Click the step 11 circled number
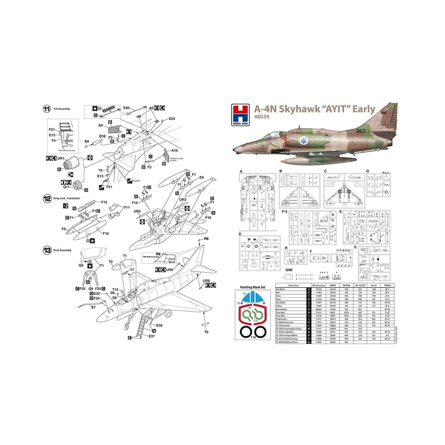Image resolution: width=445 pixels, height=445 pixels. pyautogui.click(x=47, y=109)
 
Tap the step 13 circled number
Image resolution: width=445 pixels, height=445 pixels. pyautogui.click(x=47, y=251)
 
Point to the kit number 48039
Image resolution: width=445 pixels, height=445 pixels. pyautogui.click(x=261, y=117)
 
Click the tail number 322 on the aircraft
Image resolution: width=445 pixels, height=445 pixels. pyautogui.click(x=361, y=131)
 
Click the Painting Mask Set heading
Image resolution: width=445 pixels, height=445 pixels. pyautogui.click(x=253, y=287)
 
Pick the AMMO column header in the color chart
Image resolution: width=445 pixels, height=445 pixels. pyautogui.click(x=333, y=286)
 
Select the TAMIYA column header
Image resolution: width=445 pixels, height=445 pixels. pyautogui.click(x=387, y=286)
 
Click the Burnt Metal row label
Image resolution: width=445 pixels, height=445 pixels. pyautogui.click(x=281, y=309)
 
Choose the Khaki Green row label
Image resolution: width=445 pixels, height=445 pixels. pyautogui.click(x=281, y=319)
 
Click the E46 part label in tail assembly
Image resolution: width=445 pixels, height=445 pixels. pyautogui.click(x=126, y=108)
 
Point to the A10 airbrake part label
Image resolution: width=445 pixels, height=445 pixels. pyautogui.click(x=174, y=151)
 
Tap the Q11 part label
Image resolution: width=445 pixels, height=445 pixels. pyautogui.click(x=66, y=187)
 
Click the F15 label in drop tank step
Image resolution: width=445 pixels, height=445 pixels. pyautogui.click(x=104, y=202)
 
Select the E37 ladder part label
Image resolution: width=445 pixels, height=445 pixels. pyautogui.click(x=151, y=336)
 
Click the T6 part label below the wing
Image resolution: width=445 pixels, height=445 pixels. pyautogui.click(x=207, y=332)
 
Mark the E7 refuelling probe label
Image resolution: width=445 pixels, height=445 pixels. pyautogui.click(x=93, y=307)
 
